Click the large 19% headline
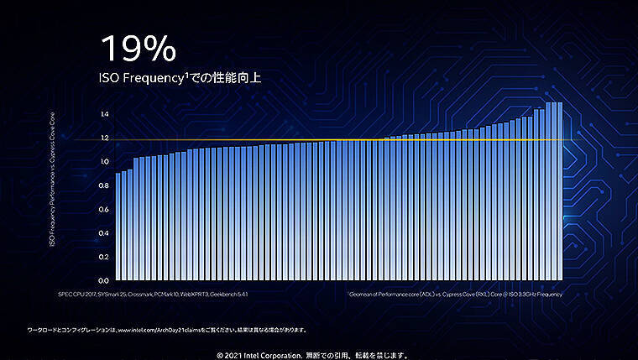tap(139, 48)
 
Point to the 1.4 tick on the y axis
tap(104, 114)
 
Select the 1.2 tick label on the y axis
tap(104, 138)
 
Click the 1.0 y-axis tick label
tap(104, 161)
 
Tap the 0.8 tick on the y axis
tap(104, 185)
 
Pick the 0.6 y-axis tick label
tap(104, 209)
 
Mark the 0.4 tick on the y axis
tap(104, 232)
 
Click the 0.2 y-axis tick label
tap(104, 257)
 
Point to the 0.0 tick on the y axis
tap(104, 280)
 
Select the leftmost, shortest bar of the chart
tap(118, 227)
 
